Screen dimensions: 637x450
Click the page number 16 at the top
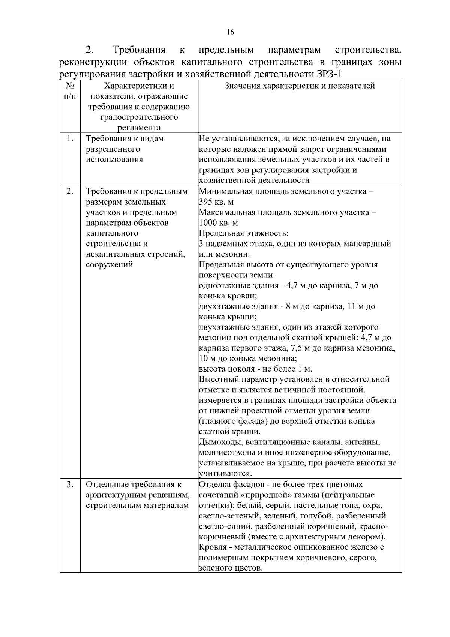pyautogui.click(x=230, y=32)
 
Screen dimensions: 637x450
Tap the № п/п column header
pyautogui.click(x=70, y=91)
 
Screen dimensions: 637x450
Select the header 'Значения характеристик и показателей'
pyautogui.click(x=300, y=86)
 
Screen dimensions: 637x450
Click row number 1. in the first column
pyautogui.click(x=70, y=139)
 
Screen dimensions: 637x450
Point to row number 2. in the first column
pyautogui.click(x=70, y=191)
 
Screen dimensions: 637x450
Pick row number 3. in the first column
pyautogui.click(x=70, y=484)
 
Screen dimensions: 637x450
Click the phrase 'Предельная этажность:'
pyautogui.click(x=243, y=233)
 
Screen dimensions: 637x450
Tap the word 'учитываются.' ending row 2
pyautogui.click(x=225, y=474)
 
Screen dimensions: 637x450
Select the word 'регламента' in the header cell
pyautogui.click(x=139, y=128)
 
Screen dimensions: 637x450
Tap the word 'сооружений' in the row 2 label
pyautogui.click(x=109, y=265)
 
